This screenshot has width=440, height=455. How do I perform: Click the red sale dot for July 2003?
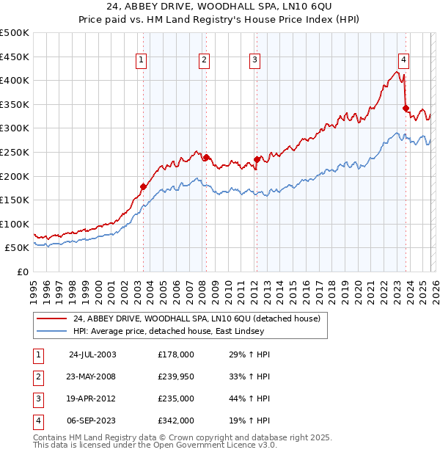click(143, 186)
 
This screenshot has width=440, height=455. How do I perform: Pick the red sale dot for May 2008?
click(206, 157)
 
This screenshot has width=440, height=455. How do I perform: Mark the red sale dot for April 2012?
click(257, 159)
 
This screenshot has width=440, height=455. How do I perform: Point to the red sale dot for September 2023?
click(406, 108)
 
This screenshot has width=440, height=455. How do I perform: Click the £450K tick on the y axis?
click(15, 57)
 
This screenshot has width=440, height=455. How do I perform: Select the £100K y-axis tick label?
click(15, 224)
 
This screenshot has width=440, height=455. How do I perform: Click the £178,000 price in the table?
click(176, 354)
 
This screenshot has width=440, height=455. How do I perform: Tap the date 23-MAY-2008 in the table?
click(89, 376)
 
